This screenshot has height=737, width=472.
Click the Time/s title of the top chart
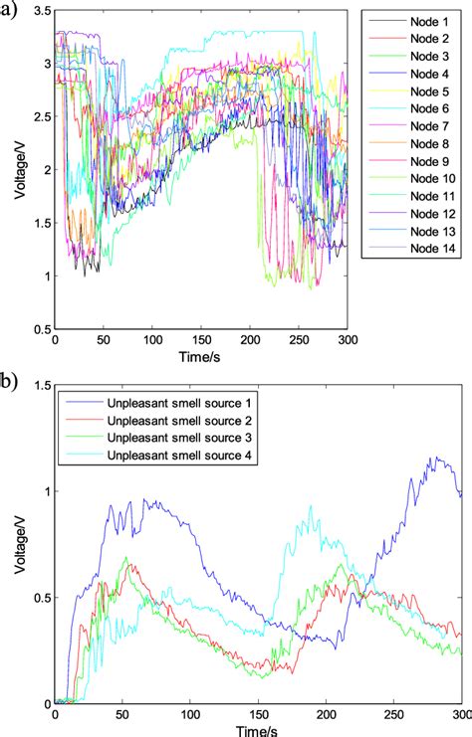coord(200,355)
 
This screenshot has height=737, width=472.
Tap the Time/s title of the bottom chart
coord(258,729)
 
